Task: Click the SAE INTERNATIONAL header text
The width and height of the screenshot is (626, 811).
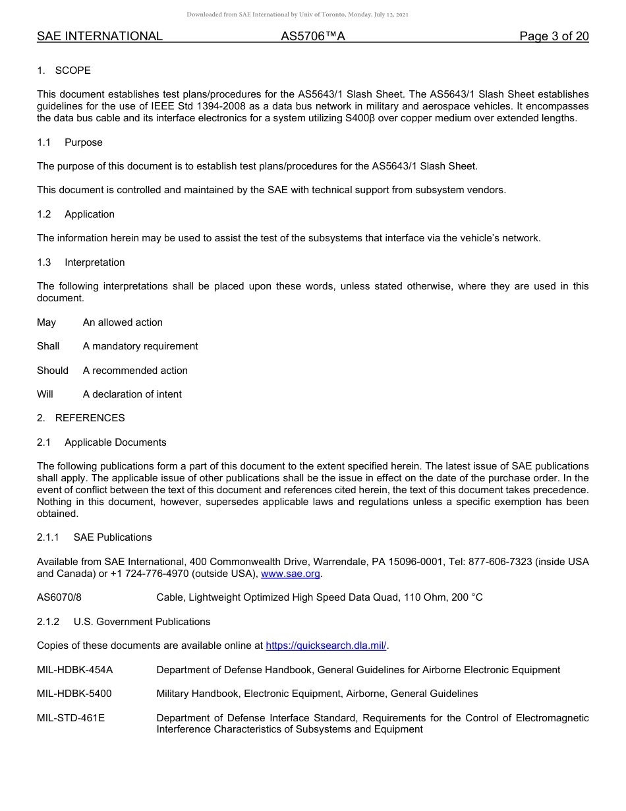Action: click(100, 36)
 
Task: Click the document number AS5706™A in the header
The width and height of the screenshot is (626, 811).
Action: click(313, 36)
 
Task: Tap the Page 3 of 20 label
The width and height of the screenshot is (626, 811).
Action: click(554, 36)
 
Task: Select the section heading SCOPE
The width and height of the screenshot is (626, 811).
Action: click(72, 71)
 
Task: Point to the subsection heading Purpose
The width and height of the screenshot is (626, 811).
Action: click(84, 142)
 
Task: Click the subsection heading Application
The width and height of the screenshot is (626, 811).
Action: click(90, 214)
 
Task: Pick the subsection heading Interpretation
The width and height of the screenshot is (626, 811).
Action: click(94, 262)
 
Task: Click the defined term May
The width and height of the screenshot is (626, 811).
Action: click(47, 322)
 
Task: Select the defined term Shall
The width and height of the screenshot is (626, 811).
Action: click(48, 346)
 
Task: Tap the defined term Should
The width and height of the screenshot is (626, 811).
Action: click(53, 371)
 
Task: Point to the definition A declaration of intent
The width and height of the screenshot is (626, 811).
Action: click(132, 394)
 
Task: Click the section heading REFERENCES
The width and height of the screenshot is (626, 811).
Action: click(90, 418)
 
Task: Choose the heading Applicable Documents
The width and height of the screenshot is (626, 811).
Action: click(115, 442)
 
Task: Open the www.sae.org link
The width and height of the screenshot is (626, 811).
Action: click(291, 574)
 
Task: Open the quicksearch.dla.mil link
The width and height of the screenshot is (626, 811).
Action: click(326, 646)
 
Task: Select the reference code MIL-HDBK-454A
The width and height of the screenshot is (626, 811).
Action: click(75, 670)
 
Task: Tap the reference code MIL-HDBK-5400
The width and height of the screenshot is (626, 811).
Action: click(74, 694)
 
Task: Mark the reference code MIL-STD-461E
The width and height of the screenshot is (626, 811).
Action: click(71, 718)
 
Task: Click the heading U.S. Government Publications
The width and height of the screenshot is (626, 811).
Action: click(142, 622)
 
